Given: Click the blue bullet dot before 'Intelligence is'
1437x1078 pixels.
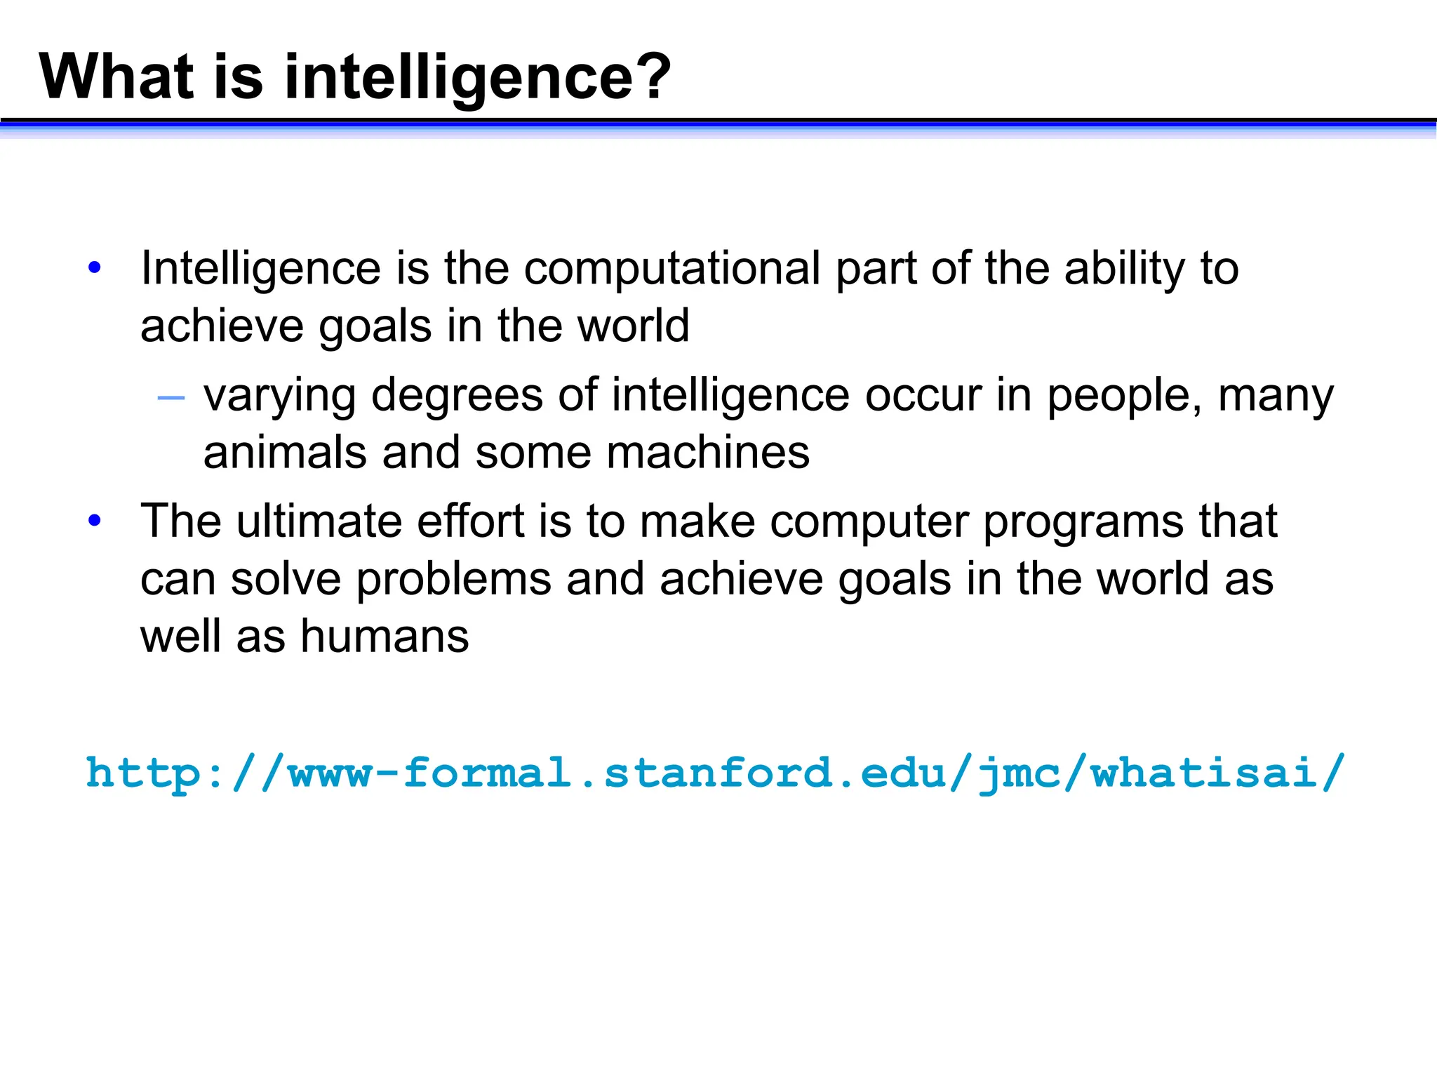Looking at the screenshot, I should pos(95,267).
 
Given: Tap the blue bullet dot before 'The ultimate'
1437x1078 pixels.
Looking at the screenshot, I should pos(95,521).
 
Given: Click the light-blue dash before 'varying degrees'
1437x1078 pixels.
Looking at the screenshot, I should pos(171,399).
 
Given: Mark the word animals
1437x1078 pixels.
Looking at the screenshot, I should pos(285,453).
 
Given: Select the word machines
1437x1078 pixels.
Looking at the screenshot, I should pos(708,453).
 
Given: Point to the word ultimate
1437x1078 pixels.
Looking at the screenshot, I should pos(319,521).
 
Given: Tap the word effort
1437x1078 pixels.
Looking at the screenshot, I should pos(471,521).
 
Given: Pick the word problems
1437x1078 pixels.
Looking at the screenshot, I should pos(454,580).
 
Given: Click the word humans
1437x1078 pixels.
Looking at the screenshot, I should pos(385,637).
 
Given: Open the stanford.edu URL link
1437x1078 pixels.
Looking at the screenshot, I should pos(714,773).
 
